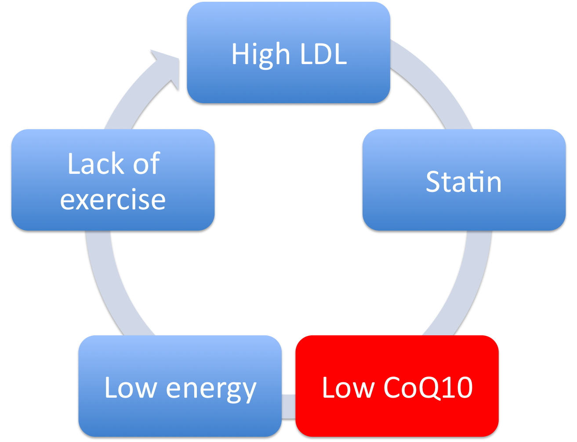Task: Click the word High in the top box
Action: [261, 55]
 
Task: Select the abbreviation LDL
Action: [323, 54]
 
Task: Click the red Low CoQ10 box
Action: [397, 386]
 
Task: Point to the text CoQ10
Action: [428, 388]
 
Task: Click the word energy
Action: [211, 390]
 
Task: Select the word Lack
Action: [96, 164]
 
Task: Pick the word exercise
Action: [113, 200]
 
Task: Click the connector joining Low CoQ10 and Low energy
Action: [288, 406]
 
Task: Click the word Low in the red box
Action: [348, 388]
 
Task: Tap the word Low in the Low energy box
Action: [131, 388]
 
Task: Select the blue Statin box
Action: [464, 180]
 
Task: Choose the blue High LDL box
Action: [288, 53]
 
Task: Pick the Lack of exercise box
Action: [113, 180]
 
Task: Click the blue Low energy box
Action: [180, 386]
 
